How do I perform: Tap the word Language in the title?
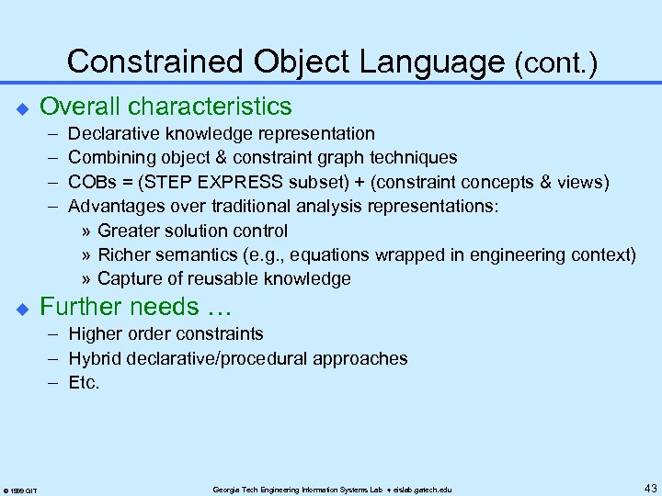tap(432, 62)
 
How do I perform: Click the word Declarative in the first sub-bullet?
tap(111, 134)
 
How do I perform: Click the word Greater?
tap(127, 231)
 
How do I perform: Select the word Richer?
tap(124, 254)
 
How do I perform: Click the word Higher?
tap(96, 333)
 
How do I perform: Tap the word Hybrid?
tap(96, 358)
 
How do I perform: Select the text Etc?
tap(85, 382)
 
